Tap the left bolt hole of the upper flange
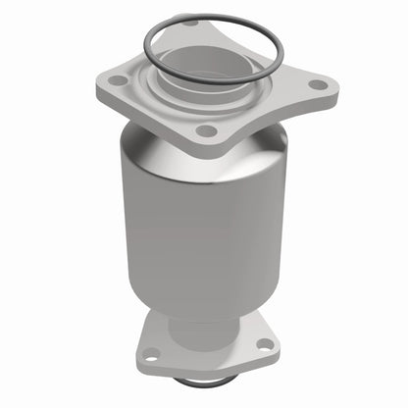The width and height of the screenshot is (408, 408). [x=118, y=80]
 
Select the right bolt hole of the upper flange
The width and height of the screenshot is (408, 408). [x=318, y=84]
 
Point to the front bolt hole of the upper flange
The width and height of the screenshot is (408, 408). [x=204, y=129]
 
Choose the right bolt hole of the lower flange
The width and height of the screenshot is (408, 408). [x=263, y=344]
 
